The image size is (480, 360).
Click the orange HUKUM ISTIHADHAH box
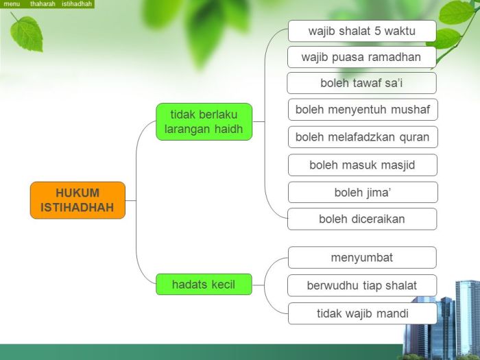[77, 200]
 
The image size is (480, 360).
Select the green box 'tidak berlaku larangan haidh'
[204, 121]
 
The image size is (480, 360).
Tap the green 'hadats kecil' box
[204, 284]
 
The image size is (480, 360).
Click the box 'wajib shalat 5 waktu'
[361, 31]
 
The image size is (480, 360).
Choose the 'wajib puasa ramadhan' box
[361, 57]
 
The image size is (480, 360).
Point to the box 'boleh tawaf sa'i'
[361, 83]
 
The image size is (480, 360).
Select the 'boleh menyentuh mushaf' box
[362, 110]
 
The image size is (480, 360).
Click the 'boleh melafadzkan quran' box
[362, 137]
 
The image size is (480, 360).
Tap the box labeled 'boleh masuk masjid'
[362, 165]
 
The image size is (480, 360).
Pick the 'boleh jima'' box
[362, 192]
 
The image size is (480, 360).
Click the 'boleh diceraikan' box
[362, 219]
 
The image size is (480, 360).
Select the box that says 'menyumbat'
[362, 258]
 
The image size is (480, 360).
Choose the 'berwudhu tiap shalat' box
[362, 285]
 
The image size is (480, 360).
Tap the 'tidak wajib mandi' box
[362, 313]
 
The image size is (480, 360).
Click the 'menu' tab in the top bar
[12, 4]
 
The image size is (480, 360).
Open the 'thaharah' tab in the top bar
[43, 4]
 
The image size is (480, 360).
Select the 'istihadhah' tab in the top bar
[77, 4]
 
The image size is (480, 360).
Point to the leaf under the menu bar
[27, 32]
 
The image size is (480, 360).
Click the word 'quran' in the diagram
[413, 137]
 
